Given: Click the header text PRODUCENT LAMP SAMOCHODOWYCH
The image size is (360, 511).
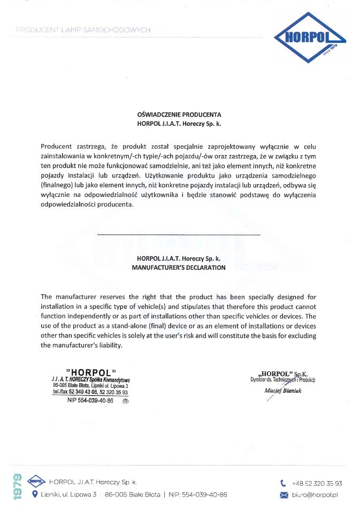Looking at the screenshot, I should click(x=83, y=30).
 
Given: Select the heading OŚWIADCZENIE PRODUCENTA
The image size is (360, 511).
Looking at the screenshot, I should click(x=180, y=115).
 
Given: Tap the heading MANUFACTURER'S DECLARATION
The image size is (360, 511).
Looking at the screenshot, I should click(x=179, y=268).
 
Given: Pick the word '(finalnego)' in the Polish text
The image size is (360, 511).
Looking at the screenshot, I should click(x=57, y=185).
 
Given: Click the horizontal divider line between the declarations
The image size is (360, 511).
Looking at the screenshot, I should click(x=179, y=235).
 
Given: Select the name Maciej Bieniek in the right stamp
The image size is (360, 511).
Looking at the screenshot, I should click(x=283, y=391).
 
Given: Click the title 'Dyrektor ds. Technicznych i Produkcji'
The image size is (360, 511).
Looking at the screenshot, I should click(x=283, y=380).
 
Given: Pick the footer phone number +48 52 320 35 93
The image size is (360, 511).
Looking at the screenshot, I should click(x=317, y=483).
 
